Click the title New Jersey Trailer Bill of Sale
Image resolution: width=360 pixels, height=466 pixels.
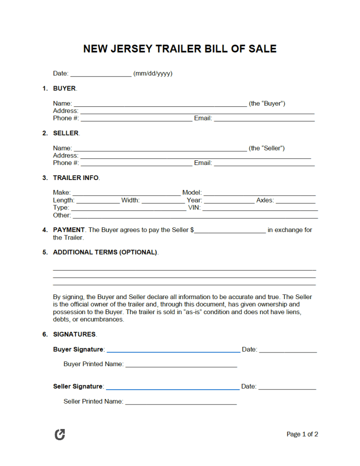(x=180, y=49)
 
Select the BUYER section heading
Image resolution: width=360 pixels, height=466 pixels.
(x=64, y=88)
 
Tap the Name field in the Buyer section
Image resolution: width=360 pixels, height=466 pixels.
(x=160, y=104)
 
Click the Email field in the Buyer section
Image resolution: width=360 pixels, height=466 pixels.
(x=264, y=119)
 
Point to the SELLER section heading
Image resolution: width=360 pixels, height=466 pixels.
(x=66, y=133)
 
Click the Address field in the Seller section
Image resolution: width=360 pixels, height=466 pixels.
(x=196, y=156)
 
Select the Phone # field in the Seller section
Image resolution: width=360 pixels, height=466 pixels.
(x=136, y=164)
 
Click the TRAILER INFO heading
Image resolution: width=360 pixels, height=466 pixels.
(x=75, y=178)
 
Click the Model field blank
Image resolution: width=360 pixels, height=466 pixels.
(x=259, y=193)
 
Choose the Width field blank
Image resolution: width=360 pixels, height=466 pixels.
(x=163, y=201)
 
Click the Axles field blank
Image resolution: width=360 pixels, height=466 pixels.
(x=295, y=201)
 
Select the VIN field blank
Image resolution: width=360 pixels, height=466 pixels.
(x=260, y=209)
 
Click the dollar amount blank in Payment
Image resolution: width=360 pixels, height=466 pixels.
(x=230, y=231)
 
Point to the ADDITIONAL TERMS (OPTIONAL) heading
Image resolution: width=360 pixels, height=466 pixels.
(x=105, y=252)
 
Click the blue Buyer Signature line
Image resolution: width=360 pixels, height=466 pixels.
(x=173, y=350)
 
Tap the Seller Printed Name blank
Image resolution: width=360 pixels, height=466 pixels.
(x=181, y=402)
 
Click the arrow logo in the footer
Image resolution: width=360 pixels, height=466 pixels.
(x=60, y=435)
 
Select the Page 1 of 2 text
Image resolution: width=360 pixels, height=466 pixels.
(x=302, y=435)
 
